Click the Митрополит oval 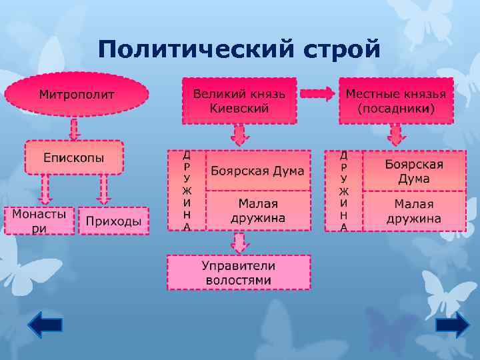[77, 95]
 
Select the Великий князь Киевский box [239, 101]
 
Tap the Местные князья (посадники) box [396, 101]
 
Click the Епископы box [74, 157]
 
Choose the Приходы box [113, 221]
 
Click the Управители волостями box [239, 272]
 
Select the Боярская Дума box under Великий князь [258, 171]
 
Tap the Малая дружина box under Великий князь [258, 210]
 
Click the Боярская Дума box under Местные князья [414, 171]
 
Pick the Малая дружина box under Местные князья [414, 211]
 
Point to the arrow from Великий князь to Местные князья [317, 94]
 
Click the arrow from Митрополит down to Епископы [74, 127]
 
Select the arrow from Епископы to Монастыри [45, 189]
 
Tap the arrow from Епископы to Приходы [103, 189]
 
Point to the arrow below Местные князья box [396, 136]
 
